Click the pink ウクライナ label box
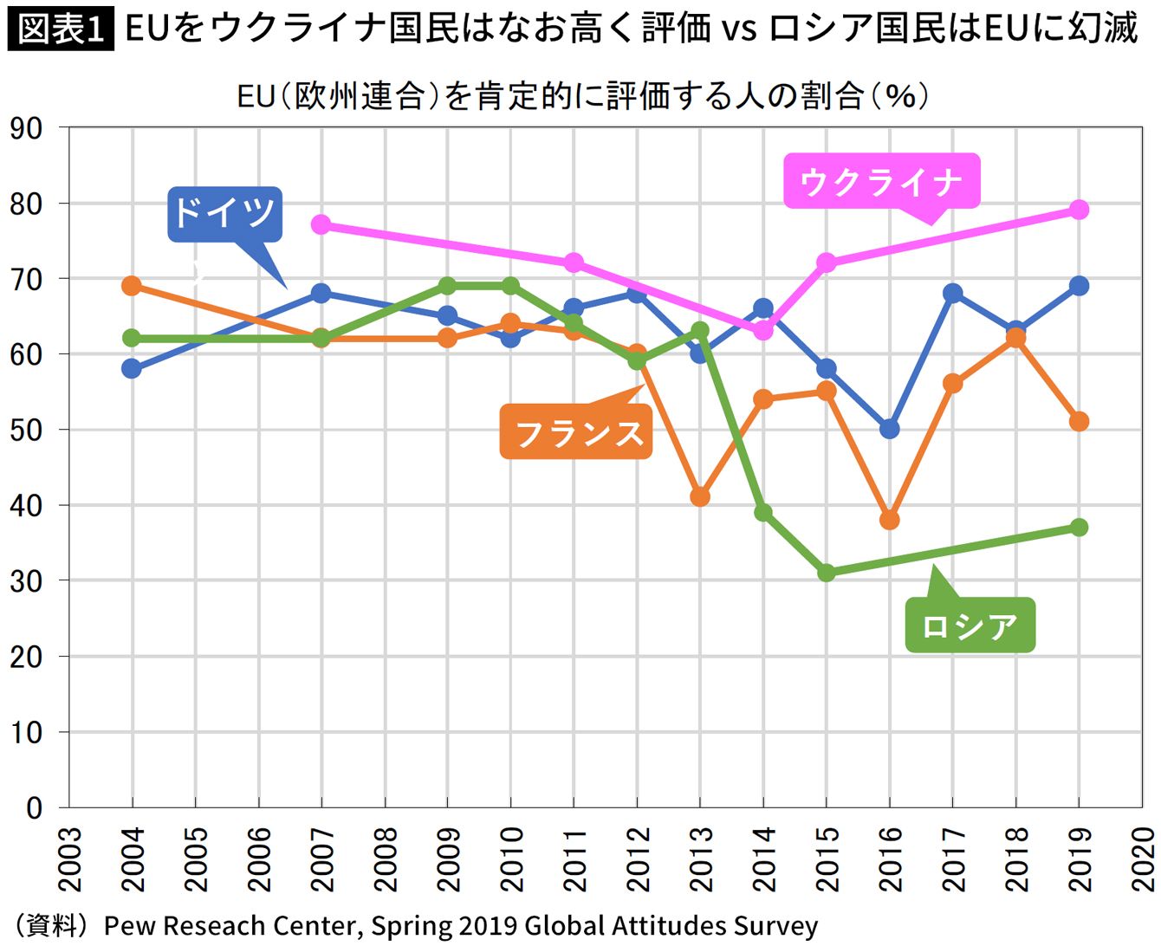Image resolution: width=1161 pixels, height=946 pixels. (881, 182)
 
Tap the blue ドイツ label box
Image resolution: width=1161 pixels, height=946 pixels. (224, 213)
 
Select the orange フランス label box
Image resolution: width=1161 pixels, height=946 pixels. (576, 432)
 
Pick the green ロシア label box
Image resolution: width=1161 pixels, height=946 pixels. (970, 625)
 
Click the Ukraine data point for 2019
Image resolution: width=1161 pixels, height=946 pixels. (1079, 210)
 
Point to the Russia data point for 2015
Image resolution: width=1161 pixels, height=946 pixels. (827, 573)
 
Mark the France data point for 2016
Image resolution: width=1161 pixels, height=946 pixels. (889, 520)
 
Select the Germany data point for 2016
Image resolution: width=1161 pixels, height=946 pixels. (889, 429)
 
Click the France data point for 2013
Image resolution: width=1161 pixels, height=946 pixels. (700, 497)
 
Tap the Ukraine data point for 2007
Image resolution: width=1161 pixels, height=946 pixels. (321, 224)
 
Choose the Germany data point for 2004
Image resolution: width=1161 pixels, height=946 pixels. (132, 368)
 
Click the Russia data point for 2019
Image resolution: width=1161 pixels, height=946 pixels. (1079, 528)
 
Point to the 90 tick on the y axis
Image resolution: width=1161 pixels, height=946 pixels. (26, 128)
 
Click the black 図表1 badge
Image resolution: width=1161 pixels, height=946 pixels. (61, 29)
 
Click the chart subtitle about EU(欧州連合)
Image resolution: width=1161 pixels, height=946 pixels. (582, 95)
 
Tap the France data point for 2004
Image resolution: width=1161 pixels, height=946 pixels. (132, 286)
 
